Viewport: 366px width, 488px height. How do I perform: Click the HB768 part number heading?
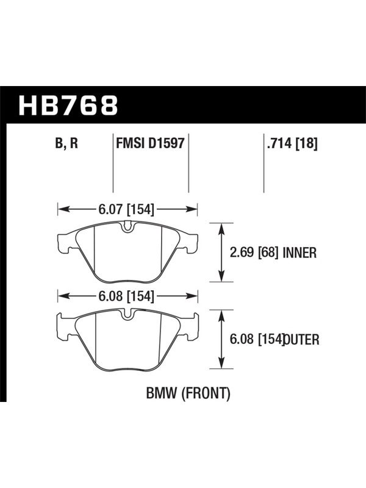[68, 106]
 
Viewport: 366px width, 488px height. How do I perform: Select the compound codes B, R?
[66, 144]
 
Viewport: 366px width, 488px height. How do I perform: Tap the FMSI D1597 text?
[150, 144]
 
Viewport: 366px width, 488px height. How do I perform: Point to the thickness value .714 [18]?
[292, 144]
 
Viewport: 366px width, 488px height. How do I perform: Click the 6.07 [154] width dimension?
[126, 209]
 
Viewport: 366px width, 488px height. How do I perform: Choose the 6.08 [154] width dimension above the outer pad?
[126, 296]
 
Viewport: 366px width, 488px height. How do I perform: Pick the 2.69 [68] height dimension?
[254, 253]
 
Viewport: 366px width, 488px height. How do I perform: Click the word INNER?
[300, 253]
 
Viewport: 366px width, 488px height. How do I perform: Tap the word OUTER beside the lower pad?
[301, 339]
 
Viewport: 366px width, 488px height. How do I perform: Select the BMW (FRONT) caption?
[188, 393]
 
